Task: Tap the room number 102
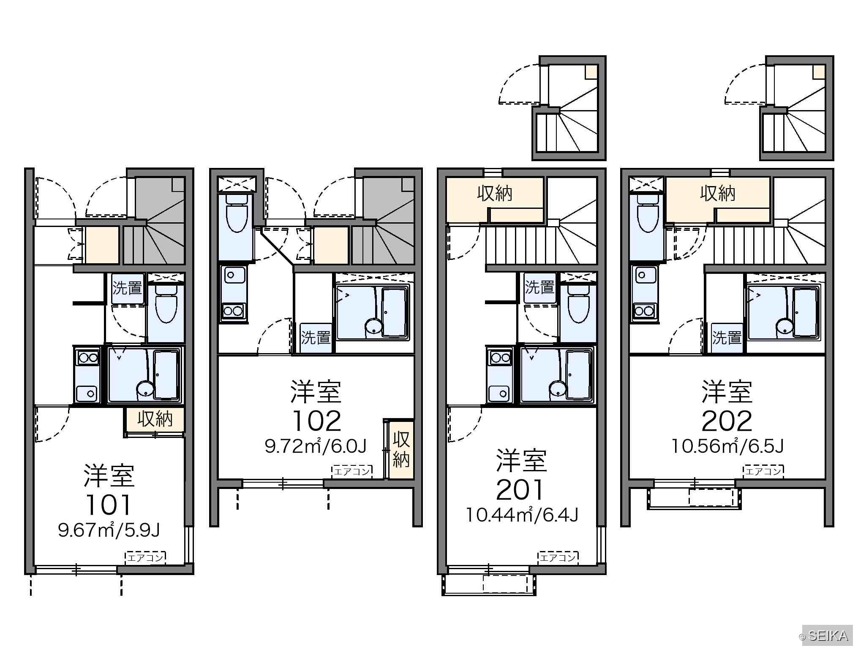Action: click(x=316, y=421)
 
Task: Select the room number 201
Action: click(x=520, y=490)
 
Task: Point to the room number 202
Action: click(x=727, y=421)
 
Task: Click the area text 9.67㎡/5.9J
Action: click(x=109, y=530)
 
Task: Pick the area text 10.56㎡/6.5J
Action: click(x=727, y=446)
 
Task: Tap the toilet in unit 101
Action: click(x=166, y=304)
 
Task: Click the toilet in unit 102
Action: click(x=237, y=213)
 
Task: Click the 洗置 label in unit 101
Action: click(x=127, y=288)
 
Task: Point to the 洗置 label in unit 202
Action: click(x=727, y=338)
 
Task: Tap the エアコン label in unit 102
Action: click(x=352, y=472)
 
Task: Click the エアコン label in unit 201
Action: click(x=558, y=558)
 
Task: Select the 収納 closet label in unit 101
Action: click(x=155, y=419)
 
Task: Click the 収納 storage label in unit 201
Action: click(x=495, y=194)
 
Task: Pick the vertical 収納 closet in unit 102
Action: click(x=401, y=449)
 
